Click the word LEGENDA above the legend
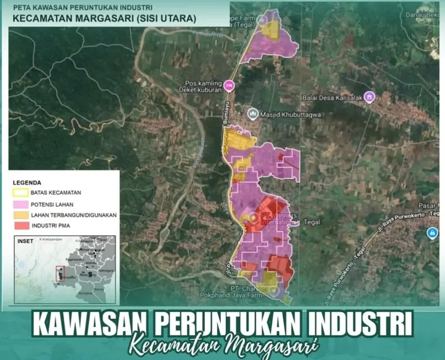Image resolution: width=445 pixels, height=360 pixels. coord(27,183)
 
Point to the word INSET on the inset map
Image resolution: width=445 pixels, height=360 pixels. coord(25,241)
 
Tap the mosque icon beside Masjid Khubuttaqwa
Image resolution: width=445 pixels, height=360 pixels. coord(253,115)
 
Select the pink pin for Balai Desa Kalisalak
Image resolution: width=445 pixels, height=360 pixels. coord(369,97)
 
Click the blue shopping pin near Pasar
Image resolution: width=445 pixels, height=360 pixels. coord(432,233)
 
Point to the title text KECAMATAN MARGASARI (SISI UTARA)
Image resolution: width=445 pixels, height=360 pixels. coord(103,18)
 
